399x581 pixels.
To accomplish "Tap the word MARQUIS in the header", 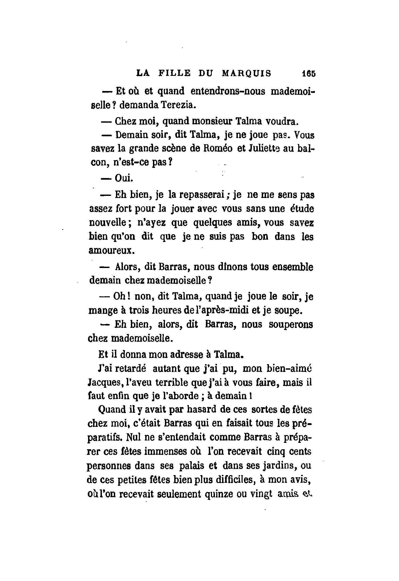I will [x=247, y=73].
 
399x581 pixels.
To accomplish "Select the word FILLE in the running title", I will [x=174, y=73].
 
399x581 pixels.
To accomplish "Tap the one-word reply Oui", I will [x=124, y=178].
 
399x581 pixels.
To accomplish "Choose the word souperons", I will [x=291, y=325].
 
